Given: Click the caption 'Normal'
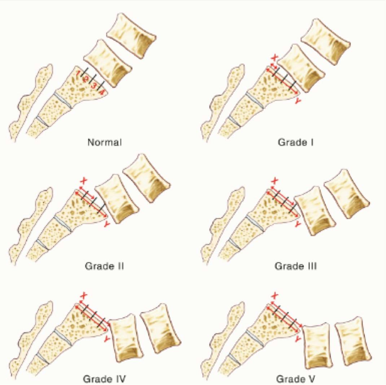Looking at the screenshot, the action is click(x=105, y=142).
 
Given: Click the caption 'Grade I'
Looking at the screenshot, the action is click(x=296, y=142).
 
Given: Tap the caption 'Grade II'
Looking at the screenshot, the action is click(x=104, y=266).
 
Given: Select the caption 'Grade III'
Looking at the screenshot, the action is click(x=296, y=266).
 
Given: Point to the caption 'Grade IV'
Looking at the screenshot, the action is click(x=104, y=379).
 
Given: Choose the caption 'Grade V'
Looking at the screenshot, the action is click(x=296, y=379).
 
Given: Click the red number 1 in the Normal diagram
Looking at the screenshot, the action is click(x=78, y=73).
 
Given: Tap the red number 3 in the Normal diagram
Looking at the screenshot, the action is click(x=94, y=86).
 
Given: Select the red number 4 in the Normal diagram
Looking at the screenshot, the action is click(x=102, y=93).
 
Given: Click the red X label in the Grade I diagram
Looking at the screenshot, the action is click(x=274, y=58).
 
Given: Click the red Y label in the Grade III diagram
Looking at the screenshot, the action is click(x=298, y=224).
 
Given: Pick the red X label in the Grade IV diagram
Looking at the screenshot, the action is click(x=84, y=296).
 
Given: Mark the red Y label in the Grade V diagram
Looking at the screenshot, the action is click(x=298, y=339).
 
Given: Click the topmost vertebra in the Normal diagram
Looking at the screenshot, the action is click(x=131, y=36).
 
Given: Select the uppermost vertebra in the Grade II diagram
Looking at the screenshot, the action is click(x=146, y=178).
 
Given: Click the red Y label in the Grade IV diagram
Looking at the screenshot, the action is click(x=107, y=339).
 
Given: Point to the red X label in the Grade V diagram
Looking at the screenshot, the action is click(x=274, y=296).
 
